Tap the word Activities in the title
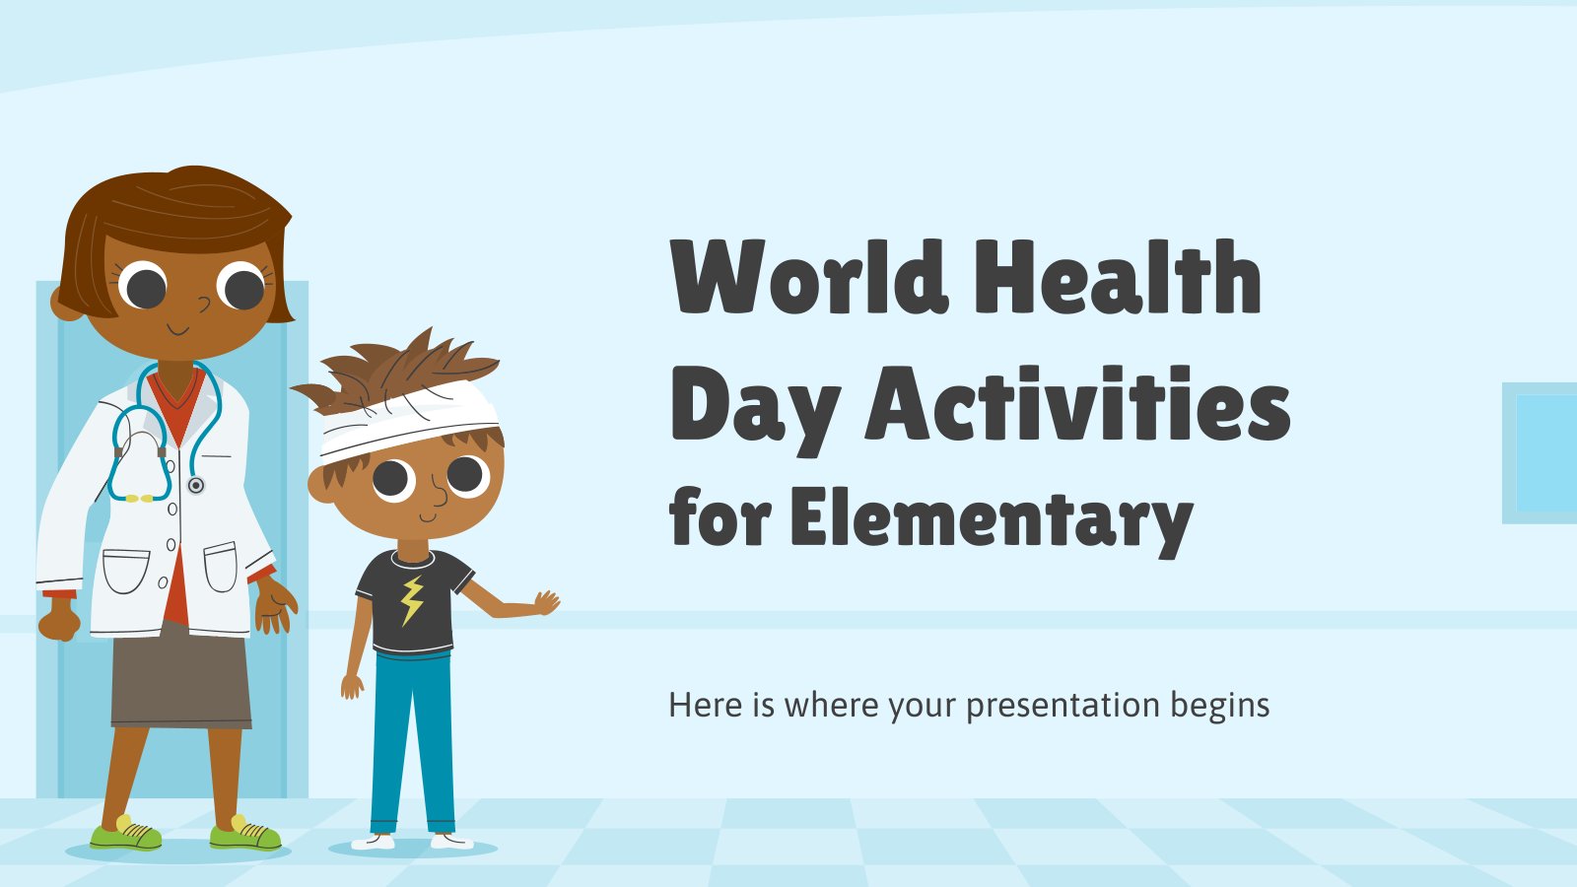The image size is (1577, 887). [x=1078, y=404]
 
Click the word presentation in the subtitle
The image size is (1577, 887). [x=1063, y=706]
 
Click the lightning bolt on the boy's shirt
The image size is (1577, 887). [x=412, y=600]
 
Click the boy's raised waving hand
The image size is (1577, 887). [x=546, y=602]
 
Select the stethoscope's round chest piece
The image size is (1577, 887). [x=196, y=485]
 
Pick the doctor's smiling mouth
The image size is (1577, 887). [x=177, y=329]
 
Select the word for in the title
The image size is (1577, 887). [x=720, y=517]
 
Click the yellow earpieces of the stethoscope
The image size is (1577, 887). [x=139, y=499]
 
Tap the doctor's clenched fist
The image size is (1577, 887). [x=59, y=622]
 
